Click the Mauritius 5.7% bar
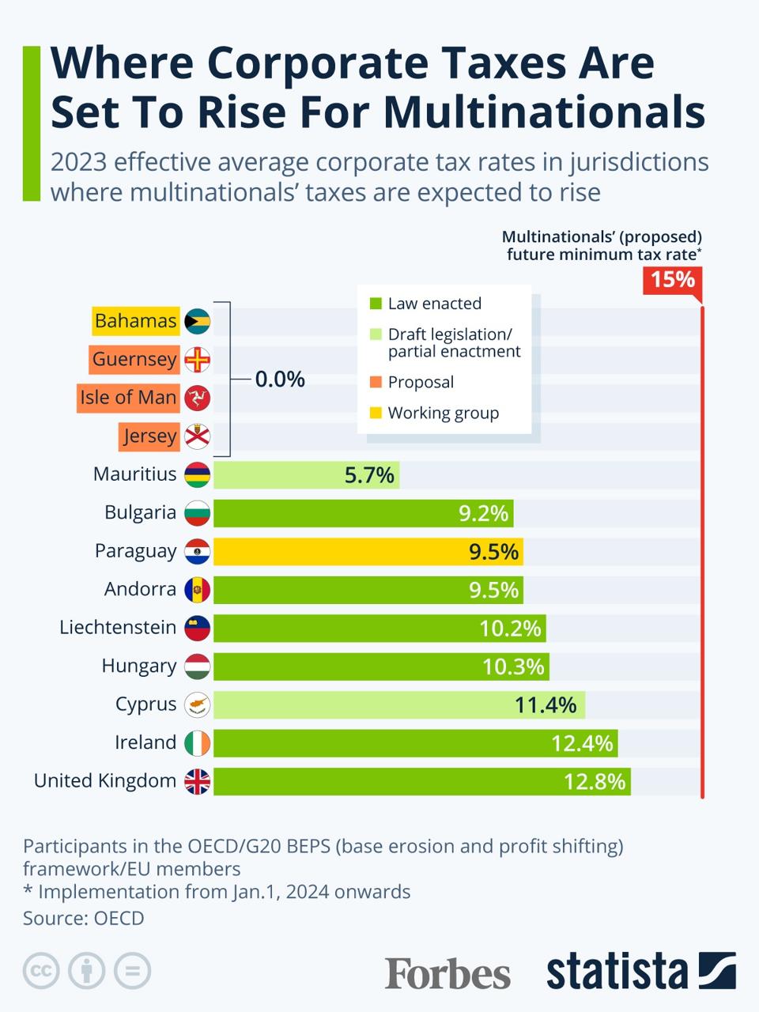[306, 475]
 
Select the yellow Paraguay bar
[368, 552]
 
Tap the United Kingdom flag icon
[198, 782]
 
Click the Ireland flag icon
[198, 743]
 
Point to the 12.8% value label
[594, 782]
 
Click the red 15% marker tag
[672, 280]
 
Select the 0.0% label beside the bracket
[280, 379]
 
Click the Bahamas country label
[135, 321]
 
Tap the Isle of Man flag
[198, 398]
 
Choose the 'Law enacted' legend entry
[434, 304]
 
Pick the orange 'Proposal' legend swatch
[376, 383]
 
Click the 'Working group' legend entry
[443, 413]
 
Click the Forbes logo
[447, 972]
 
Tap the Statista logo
[640, 972]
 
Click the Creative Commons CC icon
[41, 971]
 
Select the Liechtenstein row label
[118, 628]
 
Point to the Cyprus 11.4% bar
[399, 705]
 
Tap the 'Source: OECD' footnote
[84, 918]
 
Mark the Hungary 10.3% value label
[513, 666]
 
